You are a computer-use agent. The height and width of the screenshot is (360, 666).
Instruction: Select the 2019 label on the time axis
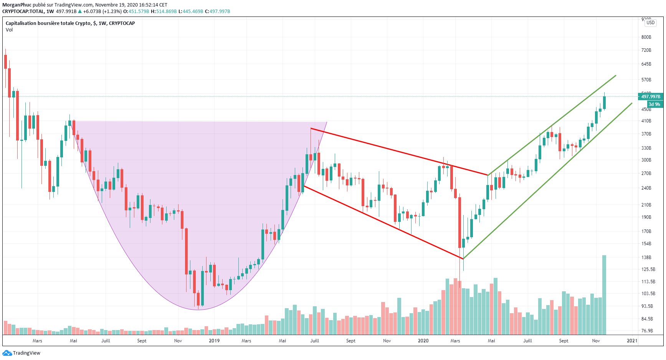click(x=214, y=341)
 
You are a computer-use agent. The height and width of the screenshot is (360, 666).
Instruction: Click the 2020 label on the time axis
click(x=423, y=341)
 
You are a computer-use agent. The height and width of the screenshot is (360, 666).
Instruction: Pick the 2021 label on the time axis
click(x=632, y=341)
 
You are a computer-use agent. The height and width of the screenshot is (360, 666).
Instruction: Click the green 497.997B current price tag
click(x=650, y=97)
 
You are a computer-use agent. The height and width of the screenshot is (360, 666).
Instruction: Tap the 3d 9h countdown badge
click(x=654, y=104)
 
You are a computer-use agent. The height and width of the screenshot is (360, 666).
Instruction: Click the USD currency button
click(x=650, y=23)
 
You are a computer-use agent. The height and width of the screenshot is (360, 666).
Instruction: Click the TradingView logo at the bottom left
click(x=21, y=353)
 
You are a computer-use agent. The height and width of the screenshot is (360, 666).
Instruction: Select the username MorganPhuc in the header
click(x=17, y=5)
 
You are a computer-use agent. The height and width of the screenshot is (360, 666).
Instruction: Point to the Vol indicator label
click(x=9, y=30)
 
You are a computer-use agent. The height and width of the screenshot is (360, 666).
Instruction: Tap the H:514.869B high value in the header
click(x=164, y=12)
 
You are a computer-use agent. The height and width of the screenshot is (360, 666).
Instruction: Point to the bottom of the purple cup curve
click(x=198, y=309)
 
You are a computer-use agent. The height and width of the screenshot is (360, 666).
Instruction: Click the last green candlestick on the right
click(x=604, y=102)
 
